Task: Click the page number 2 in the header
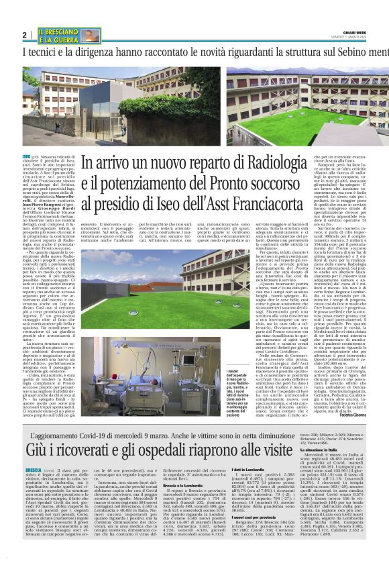point(25,34)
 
